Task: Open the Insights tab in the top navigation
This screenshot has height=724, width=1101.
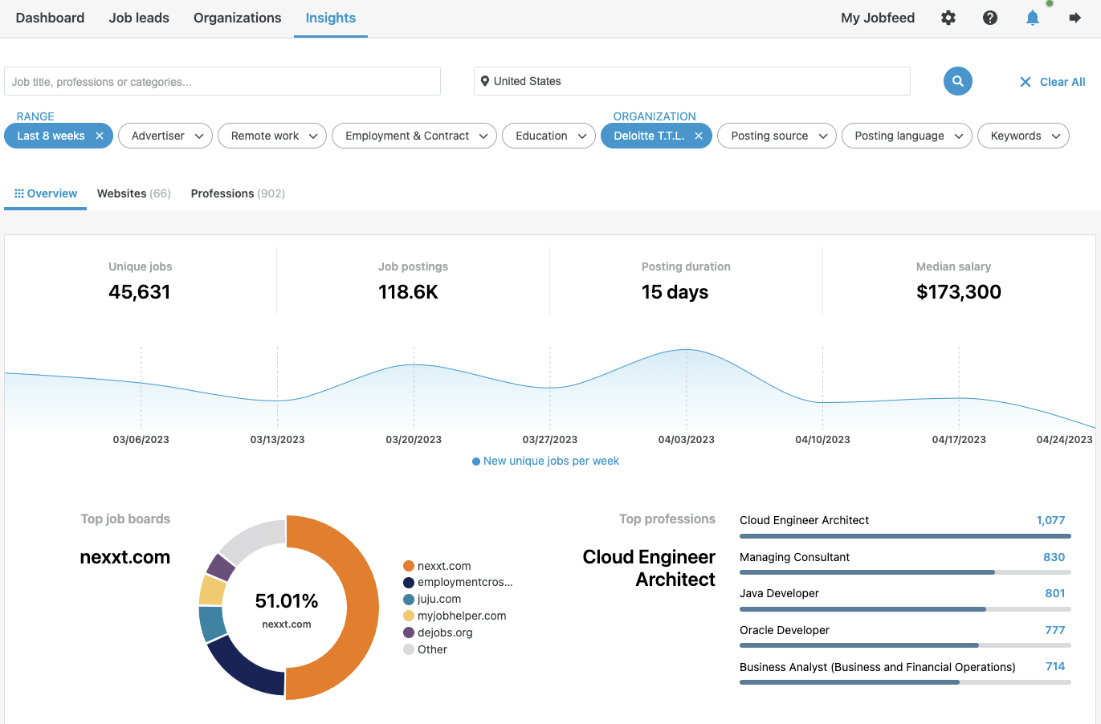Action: click(330, 18)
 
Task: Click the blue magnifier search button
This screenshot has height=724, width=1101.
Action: click(957, 81)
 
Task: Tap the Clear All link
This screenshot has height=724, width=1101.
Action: click(1053, 82)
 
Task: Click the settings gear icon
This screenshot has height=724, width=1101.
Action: click(948, 18)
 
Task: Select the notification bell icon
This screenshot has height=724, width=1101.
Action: click(1033, 18)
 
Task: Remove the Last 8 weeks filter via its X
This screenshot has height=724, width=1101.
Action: click(100, 136)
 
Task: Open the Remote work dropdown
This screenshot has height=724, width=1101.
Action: click(273, 136)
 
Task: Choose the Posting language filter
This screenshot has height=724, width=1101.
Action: click(907, 136)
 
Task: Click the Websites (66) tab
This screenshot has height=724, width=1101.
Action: click(133, 193)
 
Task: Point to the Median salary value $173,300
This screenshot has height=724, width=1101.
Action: click(958, 292)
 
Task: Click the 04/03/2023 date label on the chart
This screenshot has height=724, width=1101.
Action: click(686, 439)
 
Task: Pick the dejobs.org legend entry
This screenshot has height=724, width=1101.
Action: click(444, 632)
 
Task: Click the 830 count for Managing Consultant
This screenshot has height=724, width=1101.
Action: click(1054, 557)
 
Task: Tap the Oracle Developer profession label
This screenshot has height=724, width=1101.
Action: click(784, 630)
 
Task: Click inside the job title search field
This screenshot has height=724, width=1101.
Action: click(222, 82)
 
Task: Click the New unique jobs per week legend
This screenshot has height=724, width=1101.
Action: click(550, 461)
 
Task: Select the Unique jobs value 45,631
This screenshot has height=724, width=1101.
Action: click(140, 292)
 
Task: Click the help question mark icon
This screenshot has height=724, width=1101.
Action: click(990, 18)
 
